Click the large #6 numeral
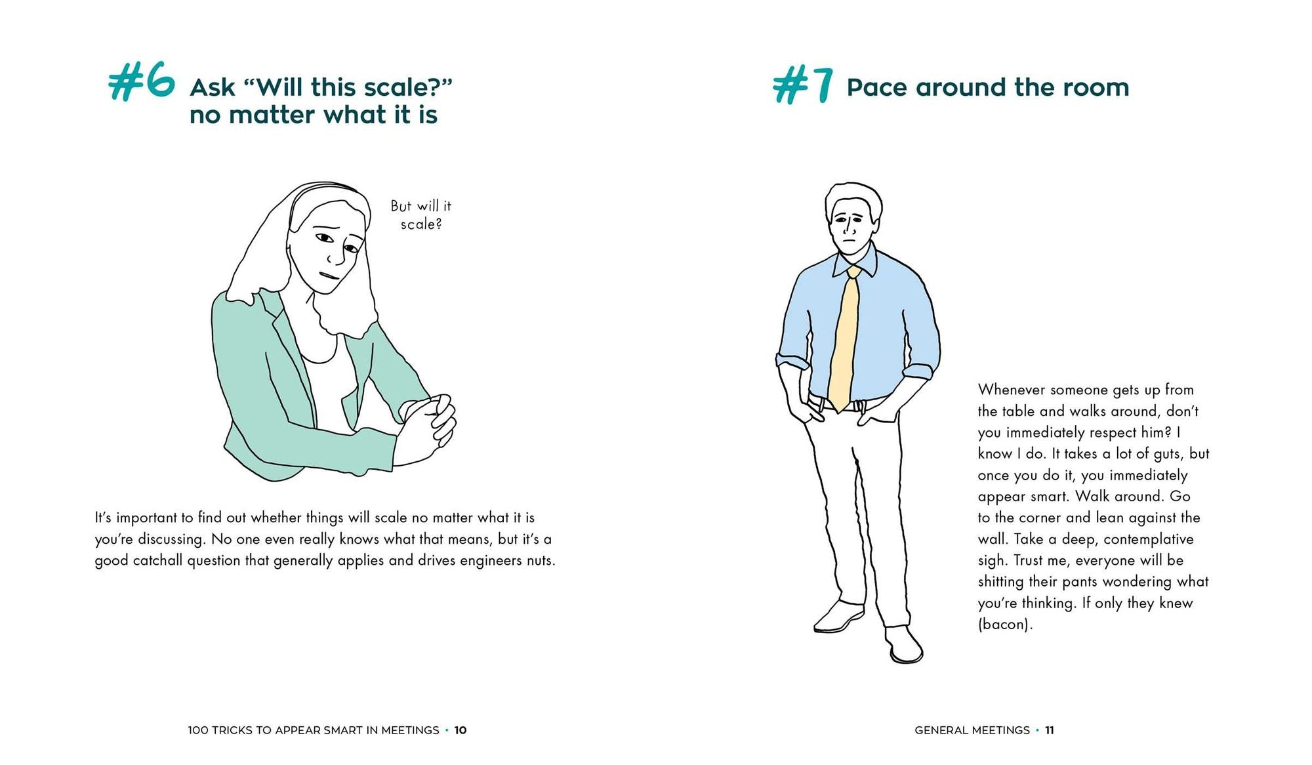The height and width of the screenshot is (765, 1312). point(142,81)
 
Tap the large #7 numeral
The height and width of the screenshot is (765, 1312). point(804,86)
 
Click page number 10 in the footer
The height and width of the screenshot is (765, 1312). point(461,730)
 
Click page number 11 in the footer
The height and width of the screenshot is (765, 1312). point(1050,730)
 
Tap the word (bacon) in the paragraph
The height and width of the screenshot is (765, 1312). point(1004,624)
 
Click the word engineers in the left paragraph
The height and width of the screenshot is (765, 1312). point(491,560)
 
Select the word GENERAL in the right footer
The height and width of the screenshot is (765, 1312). point(939,730)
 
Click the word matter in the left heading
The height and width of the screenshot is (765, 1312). point(272,115)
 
